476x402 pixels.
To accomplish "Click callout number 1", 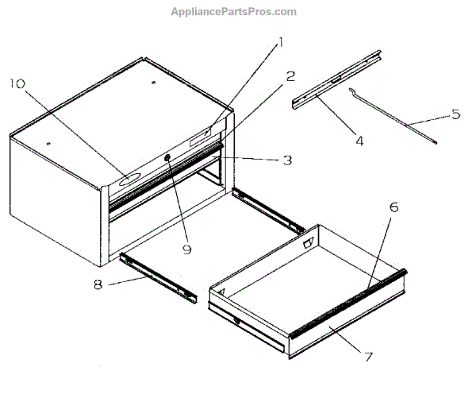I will tap(279, 44).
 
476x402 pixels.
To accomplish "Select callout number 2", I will tap(290, 76).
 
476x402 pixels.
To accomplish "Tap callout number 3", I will tap(286, 160).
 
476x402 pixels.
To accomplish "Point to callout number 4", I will tap(359, 141).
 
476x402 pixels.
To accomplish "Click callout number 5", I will tap(455, 114).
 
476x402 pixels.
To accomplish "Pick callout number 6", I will tap(393, 207).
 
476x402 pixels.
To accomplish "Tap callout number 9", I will tap(187, 249).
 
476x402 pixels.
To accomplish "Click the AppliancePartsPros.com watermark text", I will tap(234, 11).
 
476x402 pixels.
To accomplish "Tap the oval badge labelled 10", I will tap(126, 180).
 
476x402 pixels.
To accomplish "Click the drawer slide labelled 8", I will tap(159, 274).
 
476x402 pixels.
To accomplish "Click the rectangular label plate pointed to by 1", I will tap(201, 135).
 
